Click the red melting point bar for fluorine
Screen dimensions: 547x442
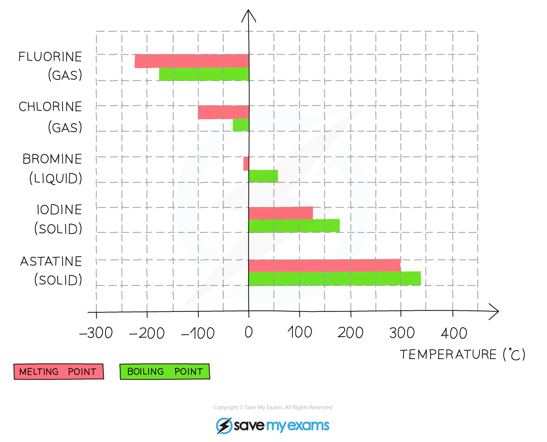[x=192, y=61]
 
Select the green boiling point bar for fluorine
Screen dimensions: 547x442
[x=204, y=74]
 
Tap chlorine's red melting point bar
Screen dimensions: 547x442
[x=223, y=113]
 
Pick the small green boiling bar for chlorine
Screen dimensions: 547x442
[x=241, y=125]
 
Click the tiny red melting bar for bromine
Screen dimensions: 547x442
[x=246, y=164]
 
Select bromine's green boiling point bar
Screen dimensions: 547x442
[x=264, y=176]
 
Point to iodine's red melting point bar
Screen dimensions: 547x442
[x=281, y=213]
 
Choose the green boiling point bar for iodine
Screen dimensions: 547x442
[x=294, y=225]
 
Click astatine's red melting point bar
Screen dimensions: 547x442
[x=324, y=265]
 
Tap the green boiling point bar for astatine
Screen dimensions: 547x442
[x=335, y=278]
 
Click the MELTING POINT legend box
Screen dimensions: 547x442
[x=59, y=371]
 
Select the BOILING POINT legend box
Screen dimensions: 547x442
[x=165, y=371]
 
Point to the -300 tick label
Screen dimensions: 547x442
[x=96, y=333]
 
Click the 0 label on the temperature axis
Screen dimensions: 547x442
[x=248, y=332]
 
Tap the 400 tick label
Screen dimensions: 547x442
[x=454, y=333]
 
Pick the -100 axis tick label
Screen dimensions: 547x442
[x=198, y=333]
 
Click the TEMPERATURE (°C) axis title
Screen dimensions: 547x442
[x=462, y=354]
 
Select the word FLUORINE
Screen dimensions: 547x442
[x=50, y=57]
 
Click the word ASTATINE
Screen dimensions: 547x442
[x=51, y=261]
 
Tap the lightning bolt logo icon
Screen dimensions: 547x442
[x=224, y=426]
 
